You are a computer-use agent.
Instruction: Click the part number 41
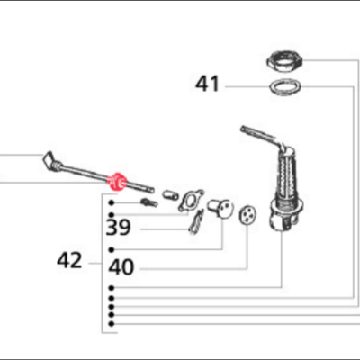207,84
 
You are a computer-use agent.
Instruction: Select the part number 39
119,228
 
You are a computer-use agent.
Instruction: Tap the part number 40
121,267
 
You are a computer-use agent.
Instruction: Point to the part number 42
69,260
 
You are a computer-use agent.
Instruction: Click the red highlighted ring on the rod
118,182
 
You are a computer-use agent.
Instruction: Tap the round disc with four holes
247,215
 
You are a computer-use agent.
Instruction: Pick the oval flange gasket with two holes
191,201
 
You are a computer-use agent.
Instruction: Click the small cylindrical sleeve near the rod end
170,195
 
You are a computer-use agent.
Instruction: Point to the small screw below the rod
149,202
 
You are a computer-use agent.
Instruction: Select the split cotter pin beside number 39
196,221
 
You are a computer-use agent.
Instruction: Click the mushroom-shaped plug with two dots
220,209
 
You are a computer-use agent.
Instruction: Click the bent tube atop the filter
263,137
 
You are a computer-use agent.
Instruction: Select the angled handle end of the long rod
49,161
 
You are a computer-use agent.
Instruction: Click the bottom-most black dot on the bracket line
112,324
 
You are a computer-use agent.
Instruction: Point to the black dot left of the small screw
112,203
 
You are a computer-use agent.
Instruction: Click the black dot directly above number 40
112,249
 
